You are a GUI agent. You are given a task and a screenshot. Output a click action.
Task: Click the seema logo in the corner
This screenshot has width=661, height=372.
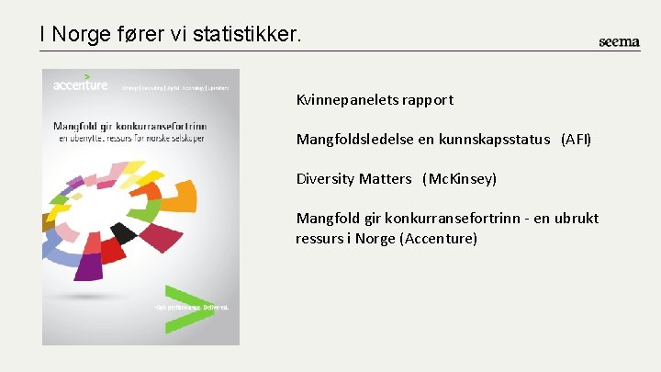[619, 41]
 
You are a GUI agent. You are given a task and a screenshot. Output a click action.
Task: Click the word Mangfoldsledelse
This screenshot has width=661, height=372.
[351, 140]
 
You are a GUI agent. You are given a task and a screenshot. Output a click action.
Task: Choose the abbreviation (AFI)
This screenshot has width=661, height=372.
[577, 140]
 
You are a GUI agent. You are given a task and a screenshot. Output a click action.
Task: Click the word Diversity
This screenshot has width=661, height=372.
[325, 179]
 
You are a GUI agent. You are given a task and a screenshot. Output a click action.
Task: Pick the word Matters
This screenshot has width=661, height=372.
[386, 179]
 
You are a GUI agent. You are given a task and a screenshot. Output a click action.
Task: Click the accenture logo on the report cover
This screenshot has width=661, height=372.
[80, 85]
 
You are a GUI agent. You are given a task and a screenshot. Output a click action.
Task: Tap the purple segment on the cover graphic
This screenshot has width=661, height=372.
[88, 266]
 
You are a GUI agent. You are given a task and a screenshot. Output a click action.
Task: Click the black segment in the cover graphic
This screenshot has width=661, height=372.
[123, 232]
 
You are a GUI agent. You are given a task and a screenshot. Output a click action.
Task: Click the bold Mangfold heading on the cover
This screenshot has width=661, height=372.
[129, 126]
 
